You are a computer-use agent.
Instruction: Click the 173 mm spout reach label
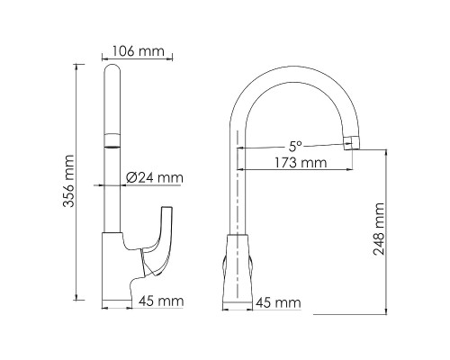300,163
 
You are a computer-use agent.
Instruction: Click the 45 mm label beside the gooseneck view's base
277,302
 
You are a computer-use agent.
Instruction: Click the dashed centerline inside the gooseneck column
237,198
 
